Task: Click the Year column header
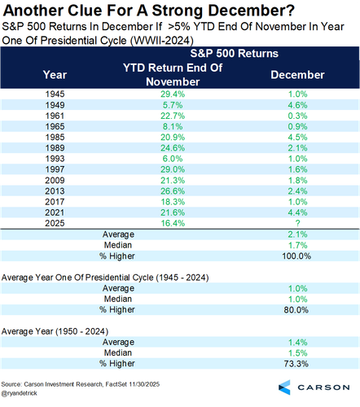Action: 55,75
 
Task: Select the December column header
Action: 297,75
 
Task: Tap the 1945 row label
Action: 55,94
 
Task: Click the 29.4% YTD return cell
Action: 173,94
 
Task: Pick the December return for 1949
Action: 297,105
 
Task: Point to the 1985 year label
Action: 55,137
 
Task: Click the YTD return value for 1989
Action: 173,148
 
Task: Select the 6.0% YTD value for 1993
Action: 173,159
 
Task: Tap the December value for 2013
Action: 297,191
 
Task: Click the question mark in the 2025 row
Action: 297,223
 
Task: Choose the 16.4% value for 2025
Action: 173,223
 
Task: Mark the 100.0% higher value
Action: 296,256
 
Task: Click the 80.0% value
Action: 296,310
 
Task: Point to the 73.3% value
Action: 296,364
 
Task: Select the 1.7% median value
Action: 297,245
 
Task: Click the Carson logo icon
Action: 284,387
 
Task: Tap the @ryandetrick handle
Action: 19,393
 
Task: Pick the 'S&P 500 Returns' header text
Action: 234,54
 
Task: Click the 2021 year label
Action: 55,212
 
